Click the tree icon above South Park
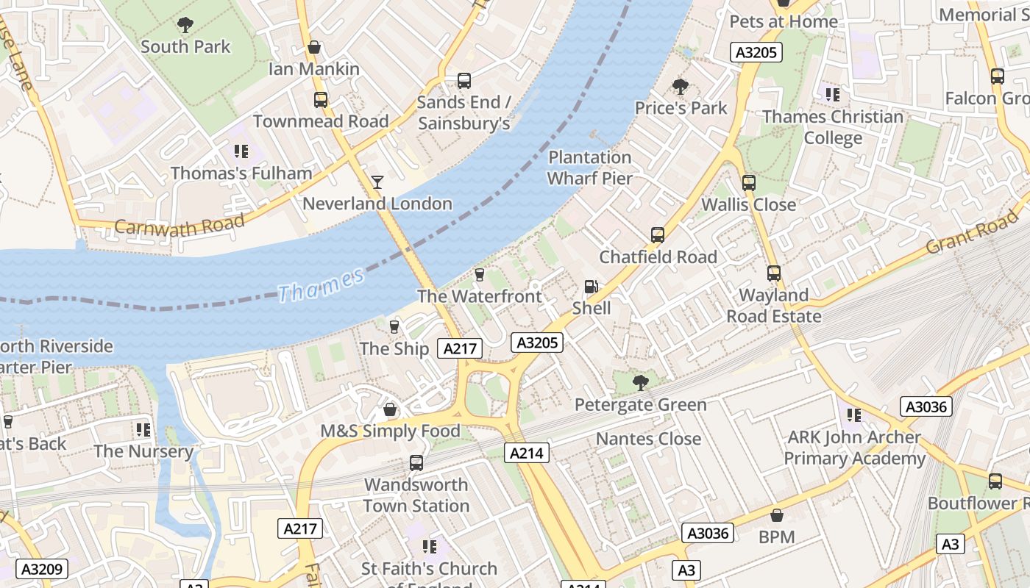pyautogui.click(x=185, y=25)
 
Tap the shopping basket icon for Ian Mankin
pyautogui.click(x=314, y=48)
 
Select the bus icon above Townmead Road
pyautogui.click(x=320, y=100)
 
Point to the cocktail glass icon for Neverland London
pyautogui.click(x=377, y=182)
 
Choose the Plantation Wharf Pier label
pyautogui.click(x=589, y=168)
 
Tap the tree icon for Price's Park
pyautogui.click(x=681, y=87)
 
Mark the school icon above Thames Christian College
pyautogui.click(x=832, y=94)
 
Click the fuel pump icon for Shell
pyautogui.click(x=591, y=287)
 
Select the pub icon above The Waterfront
pyautogui.click(x=479, y=275)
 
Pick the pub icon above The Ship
pyautogui.click(x=394, y=327)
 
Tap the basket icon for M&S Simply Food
pyautogui.click(x=390, y=409)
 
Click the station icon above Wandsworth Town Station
pyautogui.click(x=416, y=463)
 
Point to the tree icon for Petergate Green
pyautogui.click(x=640, y=382)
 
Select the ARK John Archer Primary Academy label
pyautogui.click(x=854, y=448)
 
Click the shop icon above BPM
pyautogui.click(x=776, y=515)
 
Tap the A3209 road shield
pyautogui.click(x=43, y=569)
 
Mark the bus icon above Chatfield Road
pyautogui.click(x=658, y=235)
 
